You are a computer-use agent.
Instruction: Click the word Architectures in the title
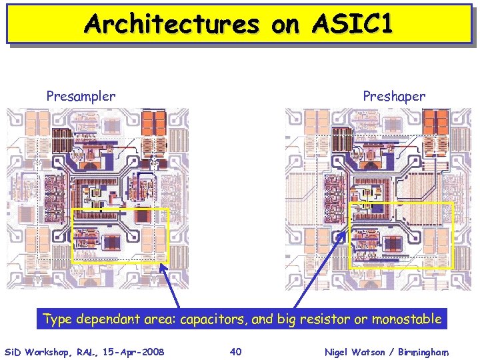click(171, 24)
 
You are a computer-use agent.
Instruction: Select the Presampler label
click(81, 96)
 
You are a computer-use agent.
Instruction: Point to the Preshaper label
click(394, 96)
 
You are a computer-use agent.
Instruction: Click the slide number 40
click(235, 351)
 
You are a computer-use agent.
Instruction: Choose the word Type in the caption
click(57, 319)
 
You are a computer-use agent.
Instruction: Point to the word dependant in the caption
click(109, 319)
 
